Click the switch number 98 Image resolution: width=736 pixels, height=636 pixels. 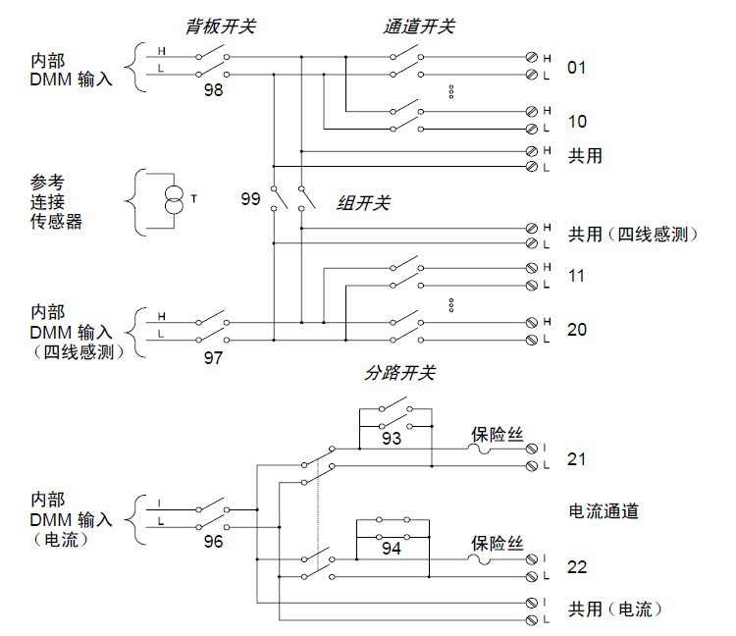[213, 90]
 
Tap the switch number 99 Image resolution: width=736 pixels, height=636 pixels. [250, 199]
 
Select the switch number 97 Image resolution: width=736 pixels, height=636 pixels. [213, 357]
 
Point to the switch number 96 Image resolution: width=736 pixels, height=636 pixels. [213, 541]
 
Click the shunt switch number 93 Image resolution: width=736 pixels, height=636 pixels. [393, 439]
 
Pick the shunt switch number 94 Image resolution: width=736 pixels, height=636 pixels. [393, 549]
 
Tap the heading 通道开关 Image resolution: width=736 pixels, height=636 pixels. [419, 24]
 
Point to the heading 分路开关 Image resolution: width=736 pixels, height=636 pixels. [399, 373]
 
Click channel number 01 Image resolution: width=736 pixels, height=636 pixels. [577, 68]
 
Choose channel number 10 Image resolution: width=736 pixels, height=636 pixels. [577, 121]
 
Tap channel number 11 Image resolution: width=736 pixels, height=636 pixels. [577, 277]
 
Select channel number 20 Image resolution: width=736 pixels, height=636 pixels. [577, 330]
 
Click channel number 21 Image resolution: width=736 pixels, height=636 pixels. [577, 459]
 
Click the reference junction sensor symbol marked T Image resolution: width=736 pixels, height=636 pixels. [174, 199]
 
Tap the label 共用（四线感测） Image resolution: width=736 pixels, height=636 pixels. [633, 235]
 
